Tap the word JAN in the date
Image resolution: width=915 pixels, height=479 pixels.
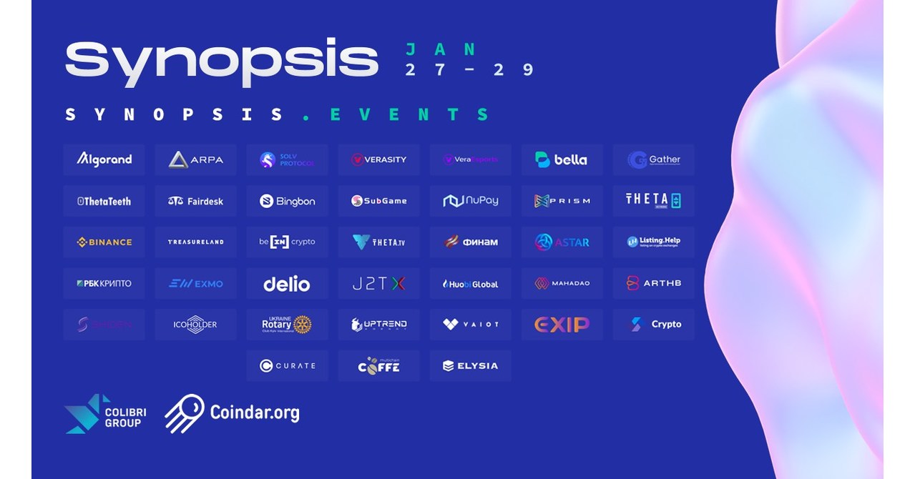click(x=441, y=49)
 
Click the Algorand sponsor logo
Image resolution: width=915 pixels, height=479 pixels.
click(x=104, y=159)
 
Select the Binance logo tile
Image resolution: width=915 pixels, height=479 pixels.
click(x=104, y=242)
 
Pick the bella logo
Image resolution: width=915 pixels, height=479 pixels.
click(x=562, y=159)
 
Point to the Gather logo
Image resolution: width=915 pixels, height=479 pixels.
click(x=653, y=159)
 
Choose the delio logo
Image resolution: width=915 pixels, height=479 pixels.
click(x=287, y=284)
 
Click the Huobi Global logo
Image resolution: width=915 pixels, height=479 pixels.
click(x=470, y=284)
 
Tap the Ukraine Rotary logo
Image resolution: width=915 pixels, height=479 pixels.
click(x=287, y=325)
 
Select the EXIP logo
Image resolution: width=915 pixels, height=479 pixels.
click(x=562, y=325)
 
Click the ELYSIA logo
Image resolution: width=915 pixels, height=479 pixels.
click(x=470, y=365)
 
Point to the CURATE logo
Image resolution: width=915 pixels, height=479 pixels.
click(x=287, y=365)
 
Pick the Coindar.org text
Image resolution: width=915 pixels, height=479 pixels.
click(x=255, y=413)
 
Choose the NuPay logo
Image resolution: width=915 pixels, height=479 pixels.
click(x=470, y=201)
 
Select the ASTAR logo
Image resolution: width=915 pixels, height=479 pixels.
click(x=562, y=242)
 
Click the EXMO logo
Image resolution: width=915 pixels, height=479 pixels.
click(x=195, y=284)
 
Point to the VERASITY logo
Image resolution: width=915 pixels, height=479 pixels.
click(x=378, y=159)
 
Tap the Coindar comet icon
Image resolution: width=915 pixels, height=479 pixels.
click(x=184, y=413)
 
